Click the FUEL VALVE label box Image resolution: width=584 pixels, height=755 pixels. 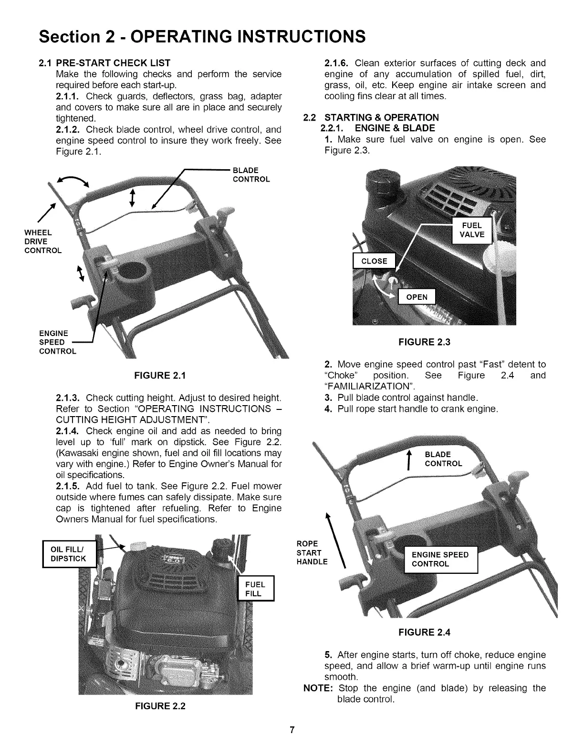point(471,230)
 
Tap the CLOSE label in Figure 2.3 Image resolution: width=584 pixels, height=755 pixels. point(375,261)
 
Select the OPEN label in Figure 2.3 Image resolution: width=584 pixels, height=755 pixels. point(417,297)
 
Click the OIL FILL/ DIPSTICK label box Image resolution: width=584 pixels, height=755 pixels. point(68,553)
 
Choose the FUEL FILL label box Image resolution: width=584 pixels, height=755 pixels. point(255,589)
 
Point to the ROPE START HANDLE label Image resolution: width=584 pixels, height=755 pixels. point(312,553)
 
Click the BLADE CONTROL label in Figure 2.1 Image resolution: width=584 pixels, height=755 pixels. point(250,175)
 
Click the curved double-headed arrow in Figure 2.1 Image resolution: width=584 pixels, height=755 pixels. point(72,182)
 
